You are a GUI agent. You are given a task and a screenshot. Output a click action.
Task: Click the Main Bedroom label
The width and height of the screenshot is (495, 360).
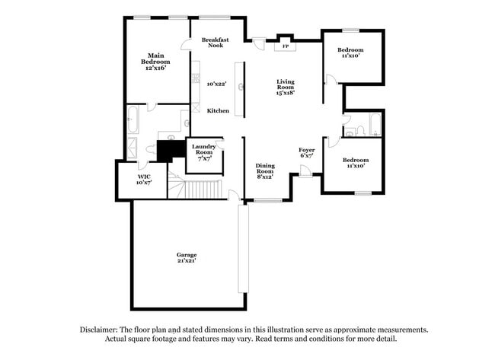pyautogui.click(x=157, y=61)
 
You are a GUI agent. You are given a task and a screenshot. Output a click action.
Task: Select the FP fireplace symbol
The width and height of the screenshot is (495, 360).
pyautogui.click(x=286, y=46)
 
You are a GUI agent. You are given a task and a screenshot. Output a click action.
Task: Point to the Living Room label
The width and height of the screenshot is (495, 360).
pyautogui.click(x=286, y=86)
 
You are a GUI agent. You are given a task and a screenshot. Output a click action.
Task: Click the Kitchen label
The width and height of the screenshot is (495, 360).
pyautogui.click(x=219, y=111)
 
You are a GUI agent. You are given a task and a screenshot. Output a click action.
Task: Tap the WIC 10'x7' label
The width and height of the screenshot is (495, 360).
pyautogui.click(x=144, y=180)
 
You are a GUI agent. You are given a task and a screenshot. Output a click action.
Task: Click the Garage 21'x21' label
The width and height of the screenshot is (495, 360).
pyautogui.click(x=187, y=258)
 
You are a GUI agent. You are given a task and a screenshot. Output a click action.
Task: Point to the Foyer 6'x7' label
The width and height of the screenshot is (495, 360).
pyautogui.click(x=307, y=154)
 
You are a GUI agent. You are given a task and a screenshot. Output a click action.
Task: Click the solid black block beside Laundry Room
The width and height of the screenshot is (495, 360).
pyautogui.click(x=171, y=150)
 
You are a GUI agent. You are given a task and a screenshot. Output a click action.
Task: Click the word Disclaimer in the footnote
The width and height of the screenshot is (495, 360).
pyautogui.click(x=104, y=330)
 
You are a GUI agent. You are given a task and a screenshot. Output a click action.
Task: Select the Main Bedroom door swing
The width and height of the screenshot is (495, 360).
pyautogui.click(x=152, y=107)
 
